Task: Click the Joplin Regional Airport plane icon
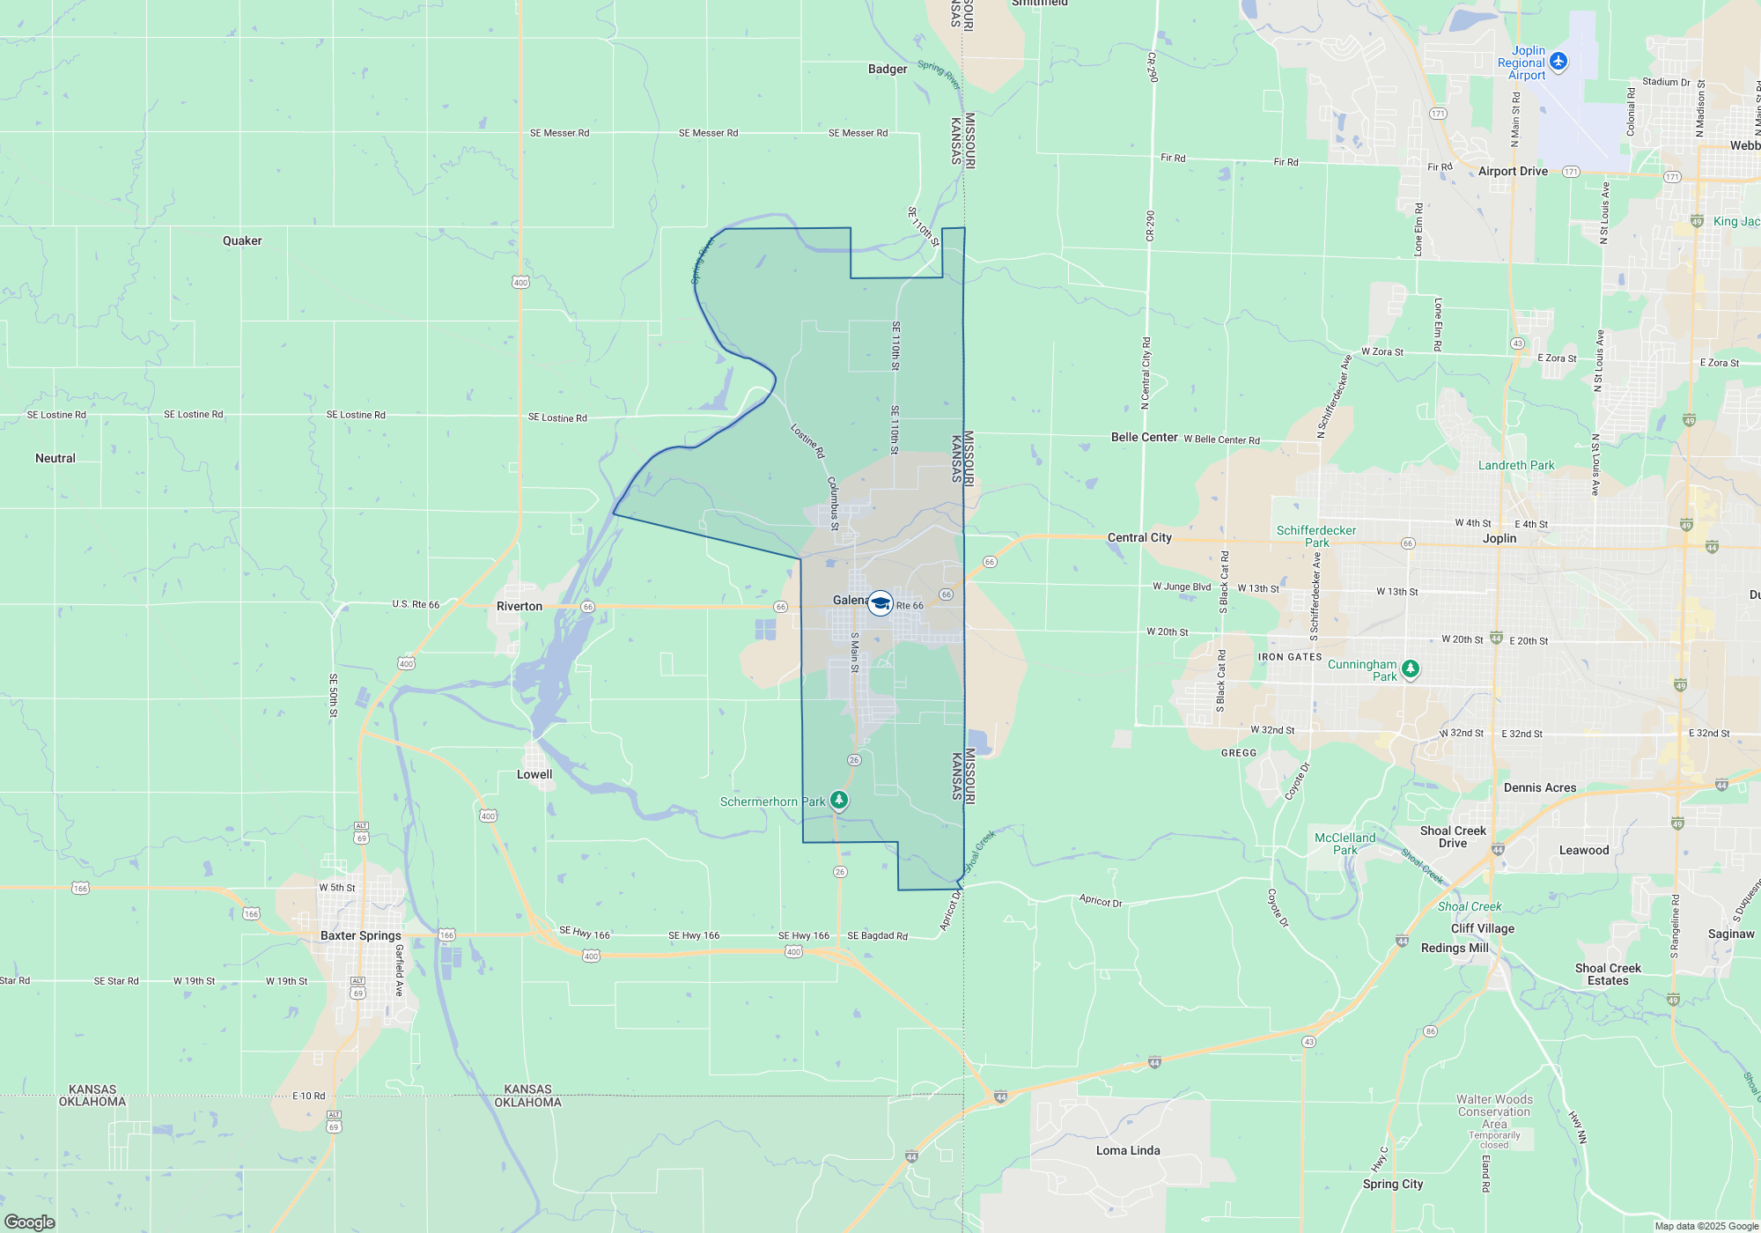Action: pos(1558,61)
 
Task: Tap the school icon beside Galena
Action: pos(880,603)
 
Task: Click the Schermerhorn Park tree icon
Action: pos(839,800)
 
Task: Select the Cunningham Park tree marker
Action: pos(1410,669)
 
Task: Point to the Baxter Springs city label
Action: pos(360,935)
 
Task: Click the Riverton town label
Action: pos(519,606)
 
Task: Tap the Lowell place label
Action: pos(534,774)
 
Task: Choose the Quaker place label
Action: pos(242,240)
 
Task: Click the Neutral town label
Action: pos(55,458)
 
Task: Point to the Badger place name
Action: pos(888,69)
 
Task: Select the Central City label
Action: pos(1139,537)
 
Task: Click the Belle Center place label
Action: pos(1144,437)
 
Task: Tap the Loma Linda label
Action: pos(1128,1150)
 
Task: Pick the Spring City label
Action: pos(1393,1184)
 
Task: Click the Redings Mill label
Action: pos(1455,948)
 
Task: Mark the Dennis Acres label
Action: pos(1540,787)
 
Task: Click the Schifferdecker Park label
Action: pos(1316,536)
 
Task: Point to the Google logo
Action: pos(30,1222)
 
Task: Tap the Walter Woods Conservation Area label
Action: pos(1494,1111)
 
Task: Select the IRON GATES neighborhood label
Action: pos(1290,657)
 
